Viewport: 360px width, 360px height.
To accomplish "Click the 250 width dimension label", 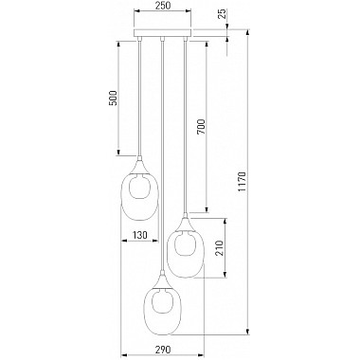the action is point(163,6).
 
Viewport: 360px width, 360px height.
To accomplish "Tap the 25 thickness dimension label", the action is point(223,14).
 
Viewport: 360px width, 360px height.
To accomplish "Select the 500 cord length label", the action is point(114,98).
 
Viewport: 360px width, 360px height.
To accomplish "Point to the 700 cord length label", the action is point(201,127).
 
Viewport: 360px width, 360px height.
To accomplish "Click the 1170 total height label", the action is point(242,182).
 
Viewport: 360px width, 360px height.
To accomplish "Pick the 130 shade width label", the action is point(139,235).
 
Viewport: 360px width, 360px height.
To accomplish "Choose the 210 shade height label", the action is point(220,248).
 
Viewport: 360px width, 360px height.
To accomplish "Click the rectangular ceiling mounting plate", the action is point(163,33).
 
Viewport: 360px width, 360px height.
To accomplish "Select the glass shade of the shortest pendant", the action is point(139,197).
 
